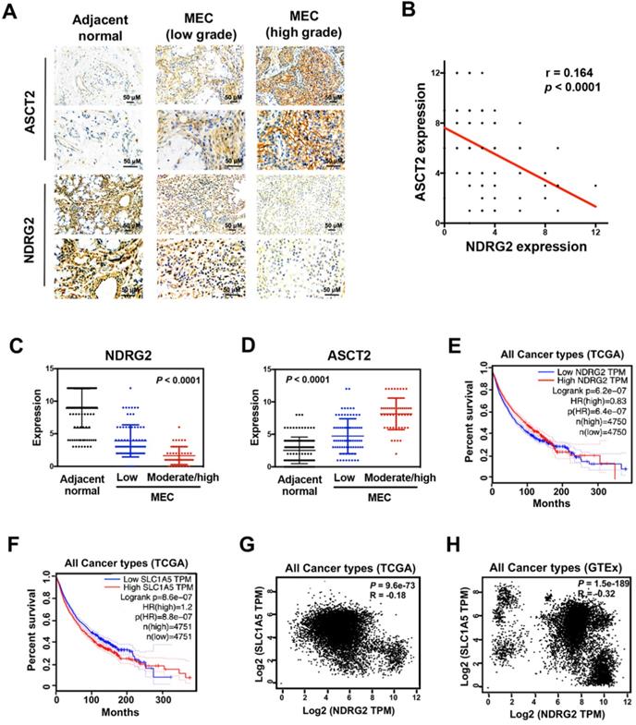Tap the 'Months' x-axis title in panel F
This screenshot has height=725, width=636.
coord(122,712)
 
